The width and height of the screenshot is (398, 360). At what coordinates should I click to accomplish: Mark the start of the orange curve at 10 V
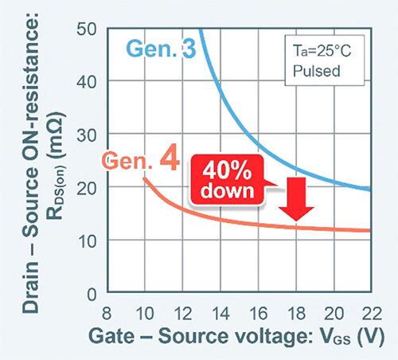(145, 178)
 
